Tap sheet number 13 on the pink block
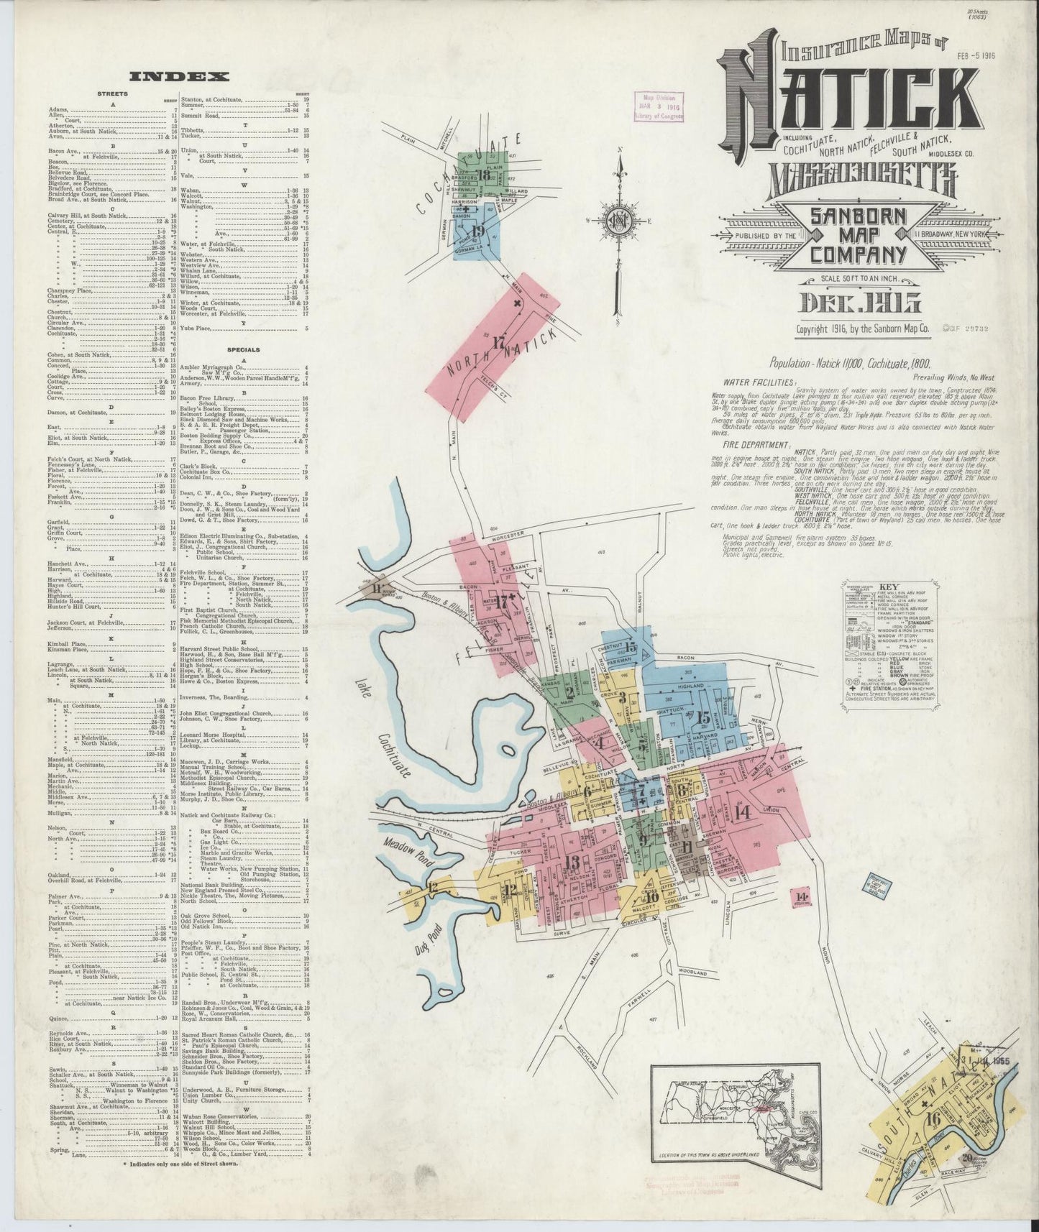pyautogui.click(x=572, y=863)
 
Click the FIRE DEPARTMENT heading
pyautogui.click(x=754, y=443)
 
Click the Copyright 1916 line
pyautogui.click(x=862, y=328)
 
